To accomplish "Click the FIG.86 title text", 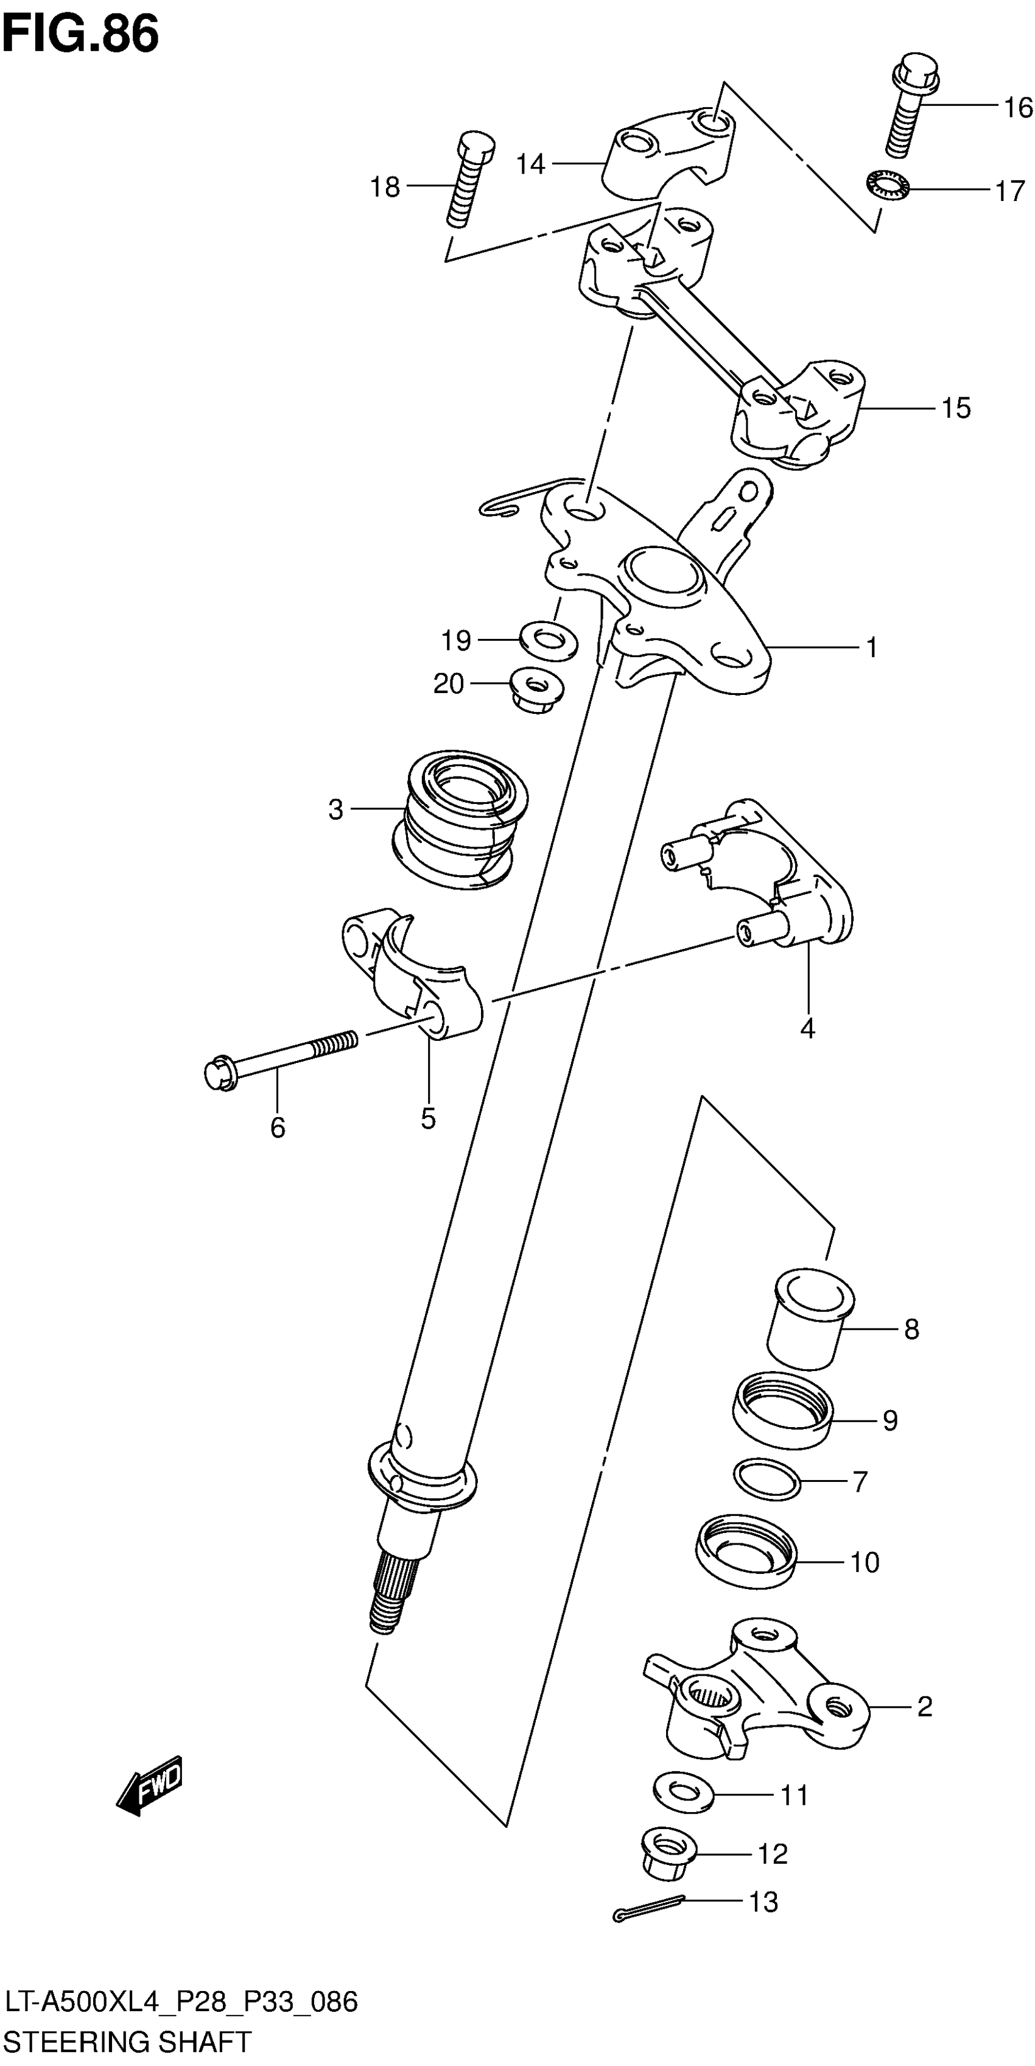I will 80,36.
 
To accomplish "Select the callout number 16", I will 1018,107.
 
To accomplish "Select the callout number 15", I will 956,408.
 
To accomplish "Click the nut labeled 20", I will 536,688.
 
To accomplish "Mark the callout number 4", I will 807,1028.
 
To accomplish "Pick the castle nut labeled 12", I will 668,1855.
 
